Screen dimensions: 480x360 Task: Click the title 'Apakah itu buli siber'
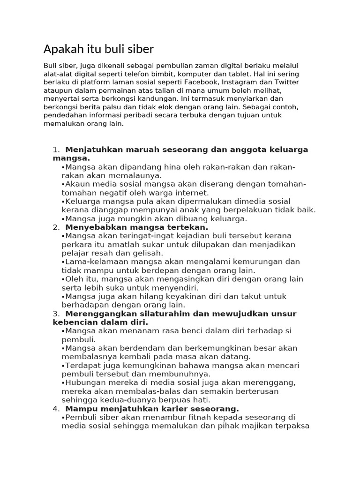point(98,49)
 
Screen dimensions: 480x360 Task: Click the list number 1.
point(56,150)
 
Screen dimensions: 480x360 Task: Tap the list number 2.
point(56,227)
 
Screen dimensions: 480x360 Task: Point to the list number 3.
point(56,313)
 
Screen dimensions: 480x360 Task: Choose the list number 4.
point(56,408)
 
